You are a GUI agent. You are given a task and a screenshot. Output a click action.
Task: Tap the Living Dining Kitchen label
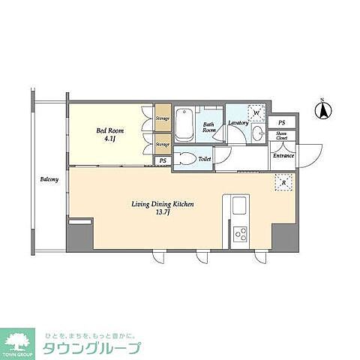pos(153,203)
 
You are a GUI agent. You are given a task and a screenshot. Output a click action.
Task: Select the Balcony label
pos(49,181)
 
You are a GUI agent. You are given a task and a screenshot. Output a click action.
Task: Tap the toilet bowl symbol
pos(187,159)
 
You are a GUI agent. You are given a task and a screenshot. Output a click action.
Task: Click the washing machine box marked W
pos(257,113)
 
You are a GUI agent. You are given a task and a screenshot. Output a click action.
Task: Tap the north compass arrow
pos(322,112)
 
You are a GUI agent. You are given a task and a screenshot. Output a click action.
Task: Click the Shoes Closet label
pos(281,136)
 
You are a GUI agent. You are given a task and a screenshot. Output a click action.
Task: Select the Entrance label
pos(283,155)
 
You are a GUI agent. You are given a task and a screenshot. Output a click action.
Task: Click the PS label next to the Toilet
pos(163,160)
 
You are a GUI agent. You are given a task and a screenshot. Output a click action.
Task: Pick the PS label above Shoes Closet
pos(281,122)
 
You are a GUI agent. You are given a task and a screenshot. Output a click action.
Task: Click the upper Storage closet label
pos(163,118)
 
